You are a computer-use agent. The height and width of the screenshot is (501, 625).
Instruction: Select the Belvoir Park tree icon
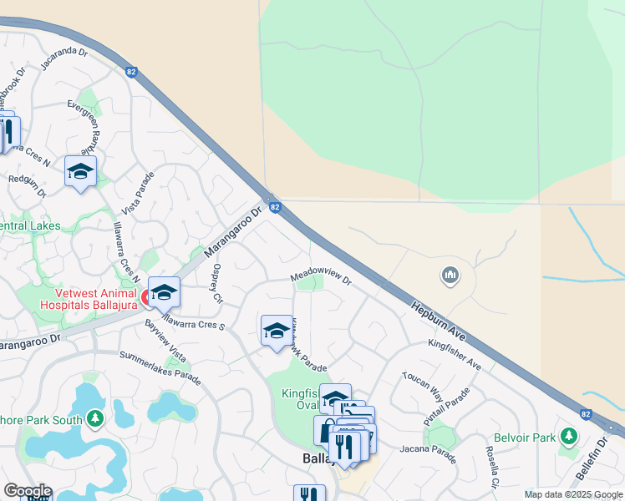coord(570,435)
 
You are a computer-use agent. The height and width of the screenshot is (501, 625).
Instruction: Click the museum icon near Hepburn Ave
coord(450,274)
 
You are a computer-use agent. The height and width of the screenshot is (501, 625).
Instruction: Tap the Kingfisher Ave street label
coord(455,354)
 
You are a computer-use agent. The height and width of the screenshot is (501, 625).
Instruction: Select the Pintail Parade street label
coord(440,407)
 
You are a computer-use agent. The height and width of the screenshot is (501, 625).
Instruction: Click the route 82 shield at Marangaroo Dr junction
coord(274,206)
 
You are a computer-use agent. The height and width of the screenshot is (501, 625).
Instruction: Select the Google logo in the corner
coord(27,491)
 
